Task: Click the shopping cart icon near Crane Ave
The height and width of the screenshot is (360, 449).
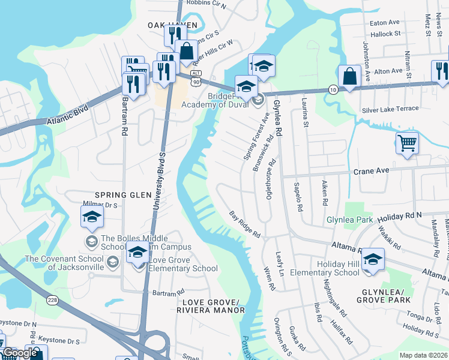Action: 407,143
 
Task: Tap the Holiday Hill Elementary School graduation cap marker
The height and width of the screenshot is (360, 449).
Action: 373,259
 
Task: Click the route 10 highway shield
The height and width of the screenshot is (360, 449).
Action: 332,89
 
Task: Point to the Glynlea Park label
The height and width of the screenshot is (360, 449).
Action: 349,220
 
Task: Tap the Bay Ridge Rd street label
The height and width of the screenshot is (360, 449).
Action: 246,223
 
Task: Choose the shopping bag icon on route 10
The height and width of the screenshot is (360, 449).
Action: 349,76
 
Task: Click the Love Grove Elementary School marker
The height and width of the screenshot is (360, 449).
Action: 137,256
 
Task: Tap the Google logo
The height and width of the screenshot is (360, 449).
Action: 20,353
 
